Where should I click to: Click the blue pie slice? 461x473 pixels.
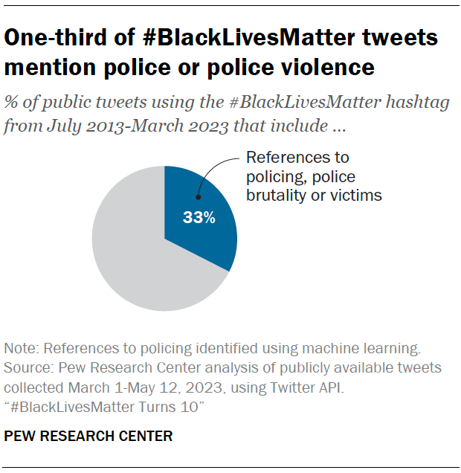204,231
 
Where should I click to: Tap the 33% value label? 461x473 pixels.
200,218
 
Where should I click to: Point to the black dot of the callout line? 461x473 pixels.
199,197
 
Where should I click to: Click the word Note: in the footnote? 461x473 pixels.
21,347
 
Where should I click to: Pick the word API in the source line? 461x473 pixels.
374,388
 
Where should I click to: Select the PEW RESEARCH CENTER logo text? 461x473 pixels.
88,437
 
